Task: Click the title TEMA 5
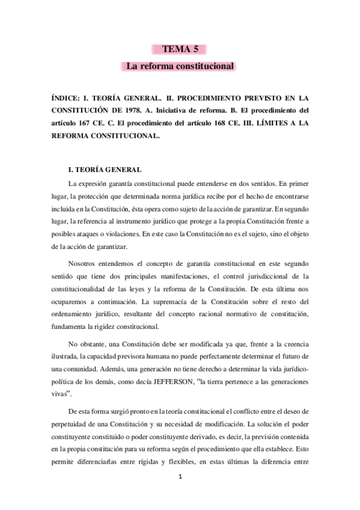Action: point(180,49)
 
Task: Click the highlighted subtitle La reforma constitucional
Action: point(180,67)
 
